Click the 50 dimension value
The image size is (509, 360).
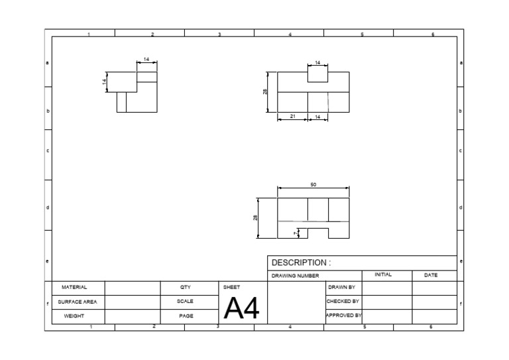coord(313,184)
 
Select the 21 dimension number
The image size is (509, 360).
coord(292,117)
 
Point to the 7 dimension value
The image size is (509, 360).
coord(296,233)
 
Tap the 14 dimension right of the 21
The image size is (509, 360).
coord(317,117)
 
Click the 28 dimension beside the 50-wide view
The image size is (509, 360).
coord(256,217)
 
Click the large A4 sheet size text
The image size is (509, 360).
coord(241,308)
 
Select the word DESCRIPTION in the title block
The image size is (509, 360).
coord(299,263)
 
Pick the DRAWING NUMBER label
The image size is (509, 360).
coord(296,275)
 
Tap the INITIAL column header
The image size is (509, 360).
coord(383,274)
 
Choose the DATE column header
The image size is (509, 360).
coord(431,274)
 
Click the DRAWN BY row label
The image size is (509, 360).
coord(341,288)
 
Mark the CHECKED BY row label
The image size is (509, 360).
coord(343,301)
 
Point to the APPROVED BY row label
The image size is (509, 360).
coord(343,316)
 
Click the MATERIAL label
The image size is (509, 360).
coord(74,288)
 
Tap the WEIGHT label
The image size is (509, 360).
coord(74,316)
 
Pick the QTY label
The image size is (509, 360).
coord(186,288)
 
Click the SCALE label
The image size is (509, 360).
coord(186,302)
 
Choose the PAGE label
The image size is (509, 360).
coord(186,316)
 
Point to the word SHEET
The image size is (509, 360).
coord(232,288)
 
